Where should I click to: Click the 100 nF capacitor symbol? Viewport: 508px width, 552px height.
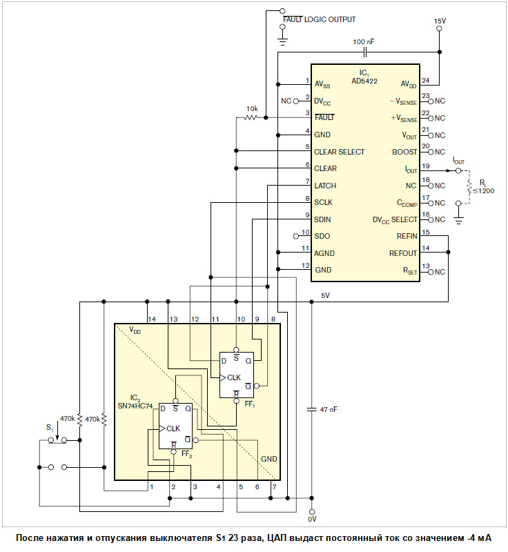365,53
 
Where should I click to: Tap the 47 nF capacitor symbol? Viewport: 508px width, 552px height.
311,409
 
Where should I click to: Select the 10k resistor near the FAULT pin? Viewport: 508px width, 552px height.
251,117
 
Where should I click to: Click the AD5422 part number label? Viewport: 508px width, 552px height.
364,81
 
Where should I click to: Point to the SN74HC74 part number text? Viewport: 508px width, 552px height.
135,406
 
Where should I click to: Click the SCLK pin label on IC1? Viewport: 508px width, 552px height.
323,202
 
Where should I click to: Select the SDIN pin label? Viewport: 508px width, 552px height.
322,219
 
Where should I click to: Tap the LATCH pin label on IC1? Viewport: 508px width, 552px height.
325,186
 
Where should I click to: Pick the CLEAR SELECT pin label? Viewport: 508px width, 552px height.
339,152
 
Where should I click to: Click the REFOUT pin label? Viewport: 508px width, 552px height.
403,253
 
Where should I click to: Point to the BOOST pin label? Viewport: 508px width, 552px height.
404,152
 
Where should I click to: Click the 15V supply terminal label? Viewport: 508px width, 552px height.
440,21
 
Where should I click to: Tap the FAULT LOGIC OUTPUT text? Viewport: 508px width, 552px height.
320,19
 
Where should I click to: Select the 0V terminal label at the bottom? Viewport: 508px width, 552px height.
312,519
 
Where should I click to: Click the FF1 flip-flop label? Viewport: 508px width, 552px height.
250,404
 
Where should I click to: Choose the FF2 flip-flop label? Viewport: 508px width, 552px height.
186,454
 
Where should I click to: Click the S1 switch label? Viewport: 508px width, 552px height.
50,428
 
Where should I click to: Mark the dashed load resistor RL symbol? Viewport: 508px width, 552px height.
469,186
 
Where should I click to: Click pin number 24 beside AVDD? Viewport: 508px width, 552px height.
426,80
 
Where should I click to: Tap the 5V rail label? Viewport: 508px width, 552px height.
325,295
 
